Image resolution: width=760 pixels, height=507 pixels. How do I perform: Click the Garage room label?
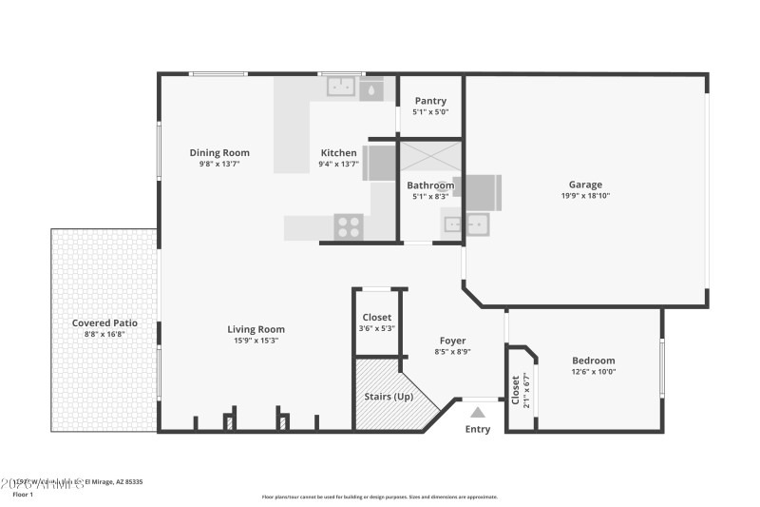(x=585, y=185)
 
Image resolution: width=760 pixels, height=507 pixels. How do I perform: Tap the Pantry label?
(x=430, y=101)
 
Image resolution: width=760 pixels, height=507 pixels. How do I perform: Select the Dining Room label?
(x=219, y=152)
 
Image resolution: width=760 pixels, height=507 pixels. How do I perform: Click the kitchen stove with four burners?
(x=349, y=226)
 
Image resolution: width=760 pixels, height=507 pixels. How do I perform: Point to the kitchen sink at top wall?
(x=340, y=88)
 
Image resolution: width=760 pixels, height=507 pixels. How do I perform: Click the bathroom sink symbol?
(x=465, y=224)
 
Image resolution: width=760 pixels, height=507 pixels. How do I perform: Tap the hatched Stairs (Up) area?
(x=389, y=395)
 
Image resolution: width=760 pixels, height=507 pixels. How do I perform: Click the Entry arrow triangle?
(x=478, y=412)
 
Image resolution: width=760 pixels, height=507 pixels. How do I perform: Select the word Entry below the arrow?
(x=478, y=429)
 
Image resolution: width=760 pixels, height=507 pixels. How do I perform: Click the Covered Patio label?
(x=104, y=322)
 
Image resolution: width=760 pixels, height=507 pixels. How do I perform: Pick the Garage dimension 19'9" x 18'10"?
(x=585, y=196)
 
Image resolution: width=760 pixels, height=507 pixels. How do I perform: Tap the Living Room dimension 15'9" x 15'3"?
(x=256, y=341)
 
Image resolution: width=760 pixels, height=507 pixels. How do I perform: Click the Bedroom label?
(x=593, y=361)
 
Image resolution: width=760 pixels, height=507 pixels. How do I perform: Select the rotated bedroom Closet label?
(x=516, y=389)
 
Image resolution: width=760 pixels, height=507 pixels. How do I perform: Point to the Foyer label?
(x=452, y=341)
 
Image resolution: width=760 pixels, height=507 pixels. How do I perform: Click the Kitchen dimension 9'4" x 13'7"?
(x=338, y=164)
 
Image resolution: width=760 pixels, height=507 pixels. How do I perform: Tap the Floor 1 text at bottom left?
(x=23, y=495)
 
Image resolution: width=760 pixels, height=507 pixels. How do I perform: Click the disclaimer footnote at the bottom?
(x=379, y=497)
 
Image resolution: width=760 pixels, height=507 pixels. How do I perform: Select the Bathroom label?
(x=430, y=185)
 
